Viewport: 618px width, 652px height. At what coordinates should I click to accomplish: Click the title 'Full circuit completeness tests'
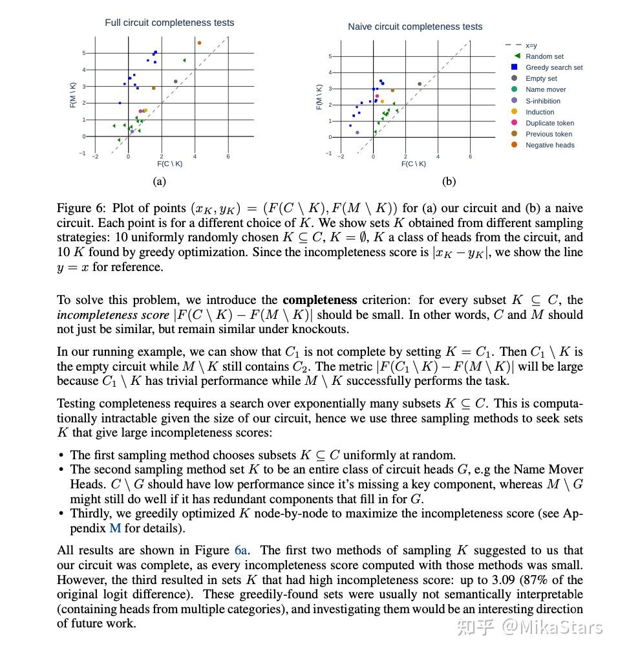pos(169,23)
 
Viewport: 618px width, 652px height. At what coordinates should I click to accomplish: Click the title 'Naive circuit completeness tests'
pos(415,27)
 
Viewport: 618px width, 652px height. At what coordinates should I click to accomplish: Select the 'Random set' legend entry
pos(544,56)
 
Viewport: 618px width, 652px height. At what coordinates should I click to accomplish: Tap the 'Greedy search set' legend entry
pos(553,67)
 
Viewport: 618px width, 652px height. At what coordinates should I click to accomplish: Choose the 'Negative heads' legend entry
pos(549,145)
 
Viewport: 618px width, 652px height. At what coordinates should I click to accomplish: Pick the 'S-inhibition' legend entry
pos(542,101)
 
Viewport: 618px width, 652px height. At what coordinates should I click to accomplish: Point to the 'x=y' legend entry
pos(531,45)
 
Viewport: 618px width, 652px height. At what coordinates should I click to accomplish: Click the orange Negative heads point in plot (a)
pos(199,43)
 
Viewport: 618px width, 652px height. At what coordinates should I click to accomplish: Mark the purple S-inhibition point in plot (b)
pos(357,133)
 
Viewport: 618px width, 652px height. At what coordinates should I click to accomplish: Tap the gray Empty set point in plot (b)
pos(420,84)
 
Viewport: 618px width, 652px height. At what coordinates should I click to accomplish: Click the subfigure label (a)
pos(159,181)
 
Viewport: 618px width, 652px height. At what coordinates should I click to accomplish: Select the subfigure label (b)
pos(449,181)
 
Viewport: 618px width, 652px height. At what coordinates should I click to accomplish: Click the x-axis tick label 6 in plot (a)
pos(228,157)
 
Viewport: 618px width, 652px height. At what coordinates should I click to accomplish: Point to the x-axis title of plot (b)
pos(413,164)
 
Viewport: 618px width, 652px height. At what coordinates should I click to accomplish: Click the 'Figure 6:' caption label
pos(81,208)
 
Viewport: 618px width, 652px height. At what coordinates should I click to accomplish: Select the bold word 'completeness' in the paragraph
pos(319,300)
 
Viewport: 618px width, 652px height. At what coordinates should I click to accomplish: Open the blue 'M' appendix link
pos(114,528)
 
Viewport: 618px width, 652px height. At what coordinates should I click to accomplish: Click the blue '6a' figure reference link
pos(241,550)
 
